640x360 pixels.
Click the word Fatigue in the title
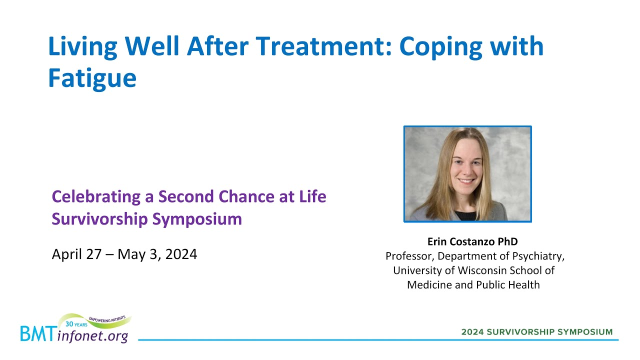click(92, 78)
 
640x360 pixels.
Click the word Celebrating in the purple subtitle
click(96, 197)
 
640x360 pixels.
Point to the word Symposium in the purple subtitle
click(197, 219)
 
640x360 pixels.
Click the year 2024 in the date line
click(181, 254)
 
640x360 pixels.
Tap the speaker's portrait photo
click(467, 173)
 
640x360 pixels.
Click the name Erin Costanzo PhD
click(472, 241)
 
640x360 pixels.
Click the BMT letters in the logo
click(37, 333)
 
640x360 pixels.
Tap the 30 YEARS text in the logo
click(76, 324)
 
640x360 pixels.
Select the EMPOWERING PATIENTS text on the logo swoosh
click(107, 319)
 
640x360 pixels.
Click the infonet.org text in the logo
click(92, 335)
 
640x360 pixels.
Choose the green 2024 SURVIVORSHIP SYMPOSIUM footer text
click(537, 332)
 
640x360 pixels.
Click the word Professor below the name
click(410, 256)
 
